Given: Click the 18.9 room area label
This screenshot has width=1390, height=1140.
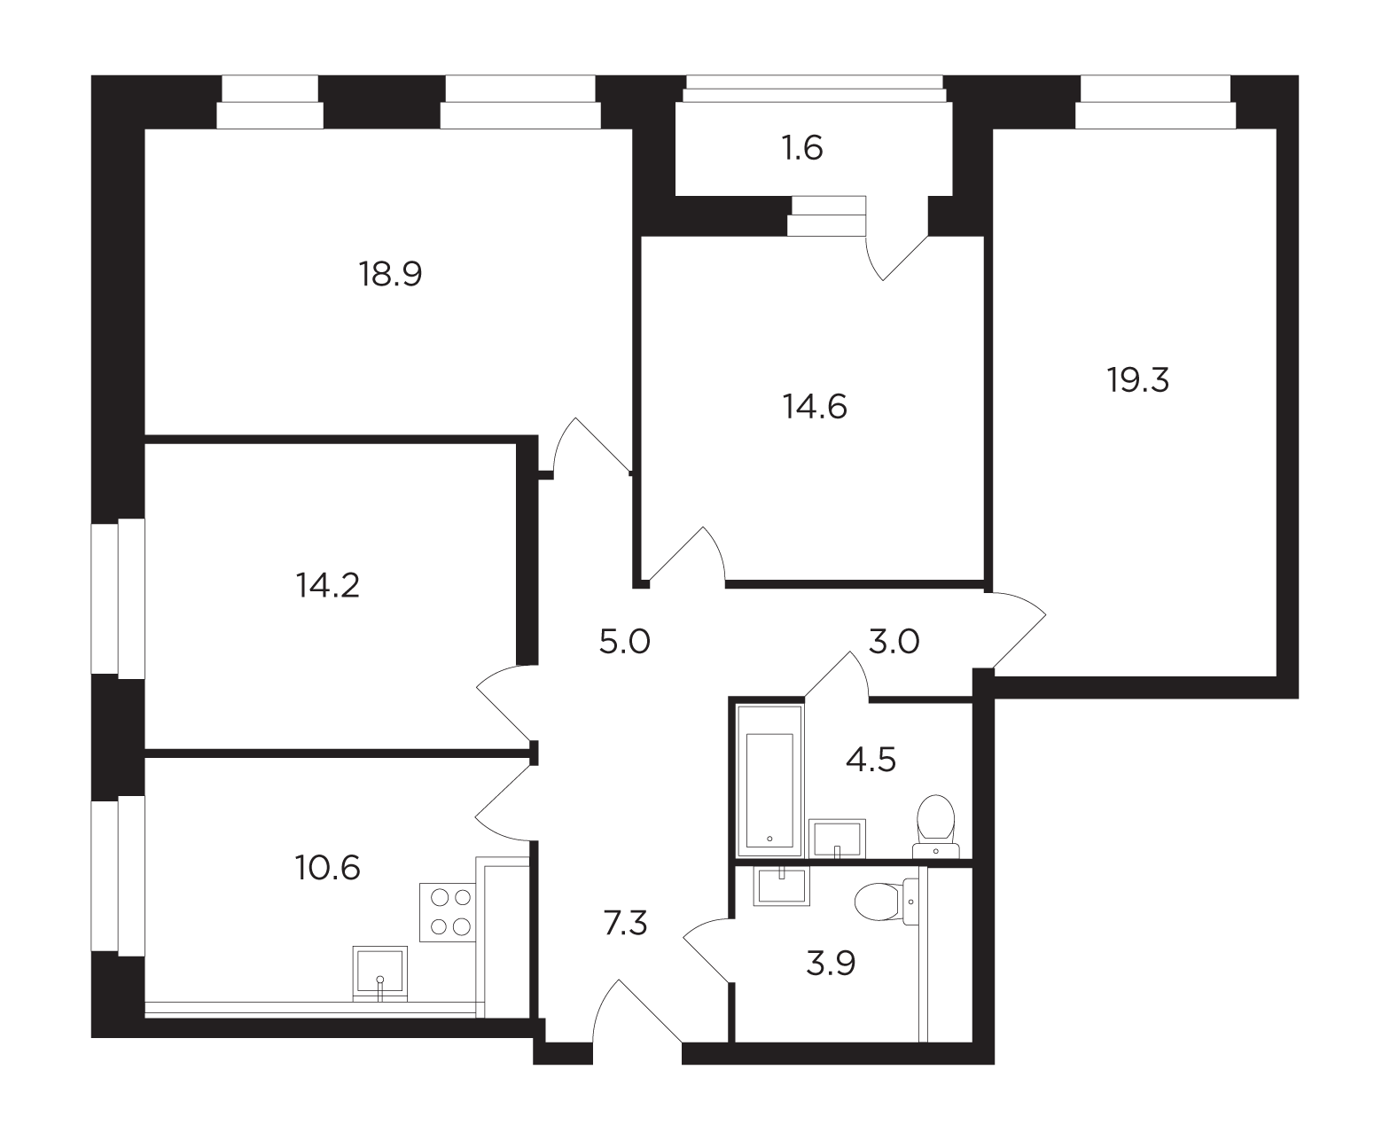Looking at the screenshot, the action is click(x=390, y=273).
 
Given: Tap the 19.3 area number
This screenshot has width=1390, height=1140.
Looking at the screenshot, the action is click(x=1137, y=380).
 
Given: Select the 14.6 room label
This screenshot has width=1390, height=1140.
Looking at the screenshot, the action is click(x=815, y=406).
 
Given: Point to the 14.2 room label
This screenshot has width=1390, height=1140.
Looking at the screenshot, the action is click(x=328, y=585).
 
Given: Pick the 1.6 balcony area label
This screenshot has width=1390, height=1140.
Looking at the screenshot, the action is click(x=802, y=148).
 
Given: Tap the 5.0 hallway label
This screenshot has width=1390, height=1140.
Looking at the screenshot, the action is click(x=624, y=641).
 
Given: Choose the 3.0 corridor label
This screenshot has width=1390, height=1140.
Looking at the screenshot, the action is click(x=894, y=641).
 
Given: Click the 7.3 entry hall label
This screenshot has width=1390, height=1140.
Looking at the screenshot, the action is click(x=626, y=923).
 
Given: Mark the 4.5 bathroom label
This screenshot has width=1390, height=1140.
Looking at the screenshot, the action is click(x=871, y=760).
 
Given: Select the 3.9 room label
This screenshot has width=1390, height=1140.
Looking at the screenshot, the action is click(x=831, y=964).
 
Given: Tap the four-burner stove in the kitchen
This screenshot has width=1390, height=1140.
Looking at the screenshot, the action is click(x=449, y=913).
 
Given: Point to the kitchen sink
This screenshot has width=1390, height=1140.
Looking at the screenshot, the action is click(x=379, y=973).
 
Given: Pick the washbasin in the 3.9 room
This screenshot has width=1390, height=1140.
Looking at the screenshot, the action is click(x=781, y=886).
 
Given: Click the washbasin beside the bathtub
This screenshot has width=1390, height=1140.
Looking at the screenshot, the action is click(x=837, y=839).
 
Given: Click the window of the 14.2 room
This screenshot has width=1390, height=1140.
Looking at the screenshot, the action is click(x=118, y=599).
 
